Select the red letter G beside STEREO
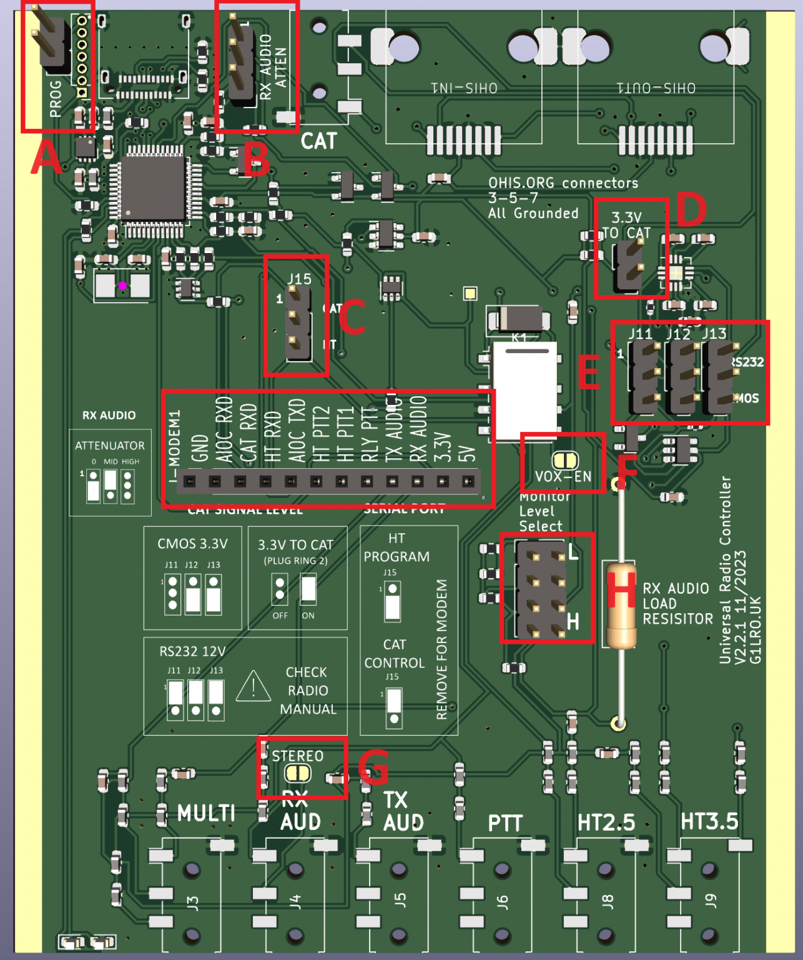click(x=373, y=766)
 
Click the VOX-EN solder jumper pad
click(x=565, y=461)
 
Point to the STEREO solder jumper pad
click(x=298, y=773)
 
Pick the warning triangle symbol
click(x=253, y=687)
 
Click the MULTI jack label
click(x=206, y=813)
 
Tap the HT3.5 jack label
click(x=709, y=822)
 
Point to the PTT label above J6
click(x=505, y=823)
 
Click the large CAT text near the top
click(x=318, y=141)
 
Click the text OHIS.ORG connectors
click(x=563, y=182)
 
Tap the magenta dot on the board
click(x=123, y=286)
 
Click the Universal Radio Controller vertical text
click(x=725, y=569)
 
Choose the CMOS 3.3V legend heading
click(x=192, y=544)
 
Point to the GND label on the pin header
click(x=200, y=448)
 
